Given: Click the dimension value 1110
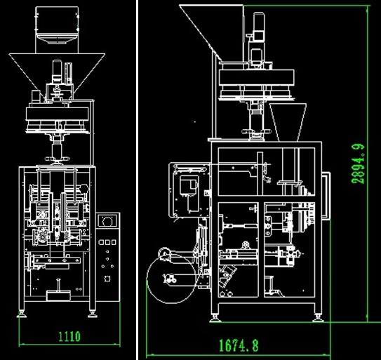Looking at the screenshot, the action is tap(69, 336).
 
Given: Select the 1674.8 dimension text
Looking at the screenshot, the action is tap(239, 345).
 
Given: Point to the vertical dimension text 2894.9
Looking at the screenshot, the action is tap(358, 164).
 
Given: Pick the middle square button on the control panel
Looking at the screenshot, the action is tap(107, 242).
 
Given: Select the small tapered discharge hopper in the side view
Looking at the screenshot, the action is tap(288, 122).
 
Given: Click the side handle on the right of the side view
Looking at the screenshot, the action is tap(326, 196).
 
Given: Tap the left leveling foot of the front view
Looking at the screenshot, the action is tap(22, 314).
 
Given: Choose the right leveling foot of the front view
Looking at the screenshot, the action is tap(93, 314).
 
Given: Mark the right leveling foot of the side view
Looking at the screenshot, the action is tap(318, 318).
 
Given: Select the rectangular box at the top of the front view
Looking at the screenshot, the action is tap(57, 25).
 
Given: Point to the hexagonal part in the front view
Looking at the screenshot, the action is tap(83, 189).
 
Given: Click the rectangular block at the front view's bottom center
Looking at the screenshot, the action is tap(58, 295).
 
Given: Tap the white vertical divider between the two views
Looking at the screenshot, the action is tap(138, 180).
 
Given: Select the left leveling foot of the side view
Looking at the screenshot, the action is tap(215, 318).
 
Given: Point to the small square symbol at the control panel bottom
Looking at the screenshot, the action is tap(107, 279).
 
